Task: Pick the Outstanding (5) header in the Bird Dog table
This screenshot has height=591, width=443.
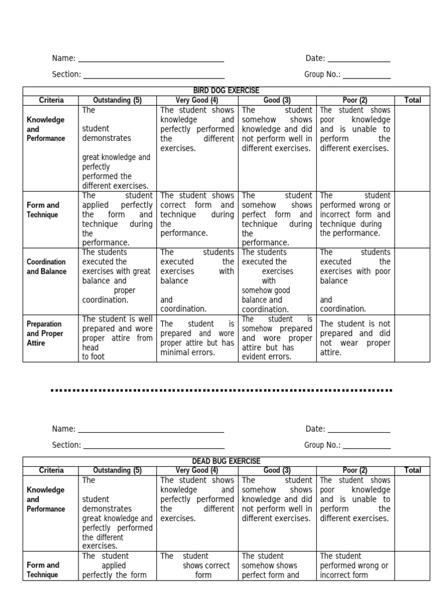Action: [117, 100]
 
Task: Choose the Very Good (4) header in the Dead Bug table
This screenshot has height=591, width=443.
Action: [197, 470]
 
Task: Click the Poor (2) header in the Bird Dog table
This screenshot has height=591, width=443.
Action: [355, 100]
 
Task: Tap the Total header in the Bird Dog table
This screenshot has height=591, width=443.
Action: [412, 100]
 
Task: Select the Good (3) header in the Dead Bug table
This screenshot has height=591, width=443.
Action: [277, 470]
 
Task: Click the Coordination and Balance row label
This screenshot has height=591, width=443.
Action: [46, 267]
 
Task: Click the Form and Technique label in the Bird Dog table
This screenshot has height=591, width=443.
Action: [43, 210]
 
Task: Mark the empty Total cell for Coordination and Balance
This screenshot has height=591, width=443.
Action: [412, 281]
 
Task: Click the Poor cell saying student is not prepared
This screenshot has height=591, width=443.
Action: [355, 338]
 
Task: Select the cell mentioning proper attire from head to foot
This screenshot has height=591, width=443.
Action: [117, 338]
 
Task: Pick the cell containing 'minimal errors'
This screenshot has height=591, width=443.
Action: [197, 338]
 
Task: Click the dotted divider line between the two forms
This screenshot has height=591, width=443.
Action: [221, 391]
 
